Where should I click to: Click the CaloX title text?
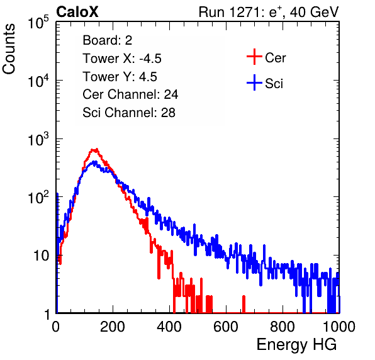coord(77,12)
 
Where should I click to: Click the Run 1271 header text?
coord(269,12)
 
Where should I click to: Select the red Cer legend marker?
coord(254,57)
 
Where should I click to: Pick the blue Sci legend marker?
coord(254,82)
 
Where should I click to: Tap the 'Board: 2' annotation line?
coord(107,40)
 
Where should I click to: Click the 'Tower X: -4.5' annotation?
coord(122,59)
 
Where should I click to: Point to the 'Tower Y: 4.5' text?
coord(120,77)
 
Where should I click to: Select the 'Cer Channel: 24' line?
coord(130,94)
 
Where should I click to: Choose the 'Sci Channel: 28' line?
coord(129,113)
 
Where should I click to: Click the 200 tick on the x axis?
coord(113,327)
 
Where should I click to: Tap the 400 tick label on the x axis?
coord(169,327)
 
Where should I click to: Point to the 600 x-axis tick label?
coord(226,327)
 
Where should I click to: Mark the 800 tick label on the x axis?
coord(283,327)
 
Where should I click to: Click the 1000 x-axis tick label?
coord(339,327)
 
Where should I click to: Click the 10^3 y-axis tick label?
coord(38,139)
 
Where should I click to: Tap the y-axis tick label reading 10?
coord(42,256)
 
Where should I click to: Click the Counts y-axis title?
coord(9,49)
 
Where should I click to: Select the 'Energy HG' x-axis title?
coord(296,345)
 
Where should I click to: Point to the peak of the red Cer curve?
coord(95,150)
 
